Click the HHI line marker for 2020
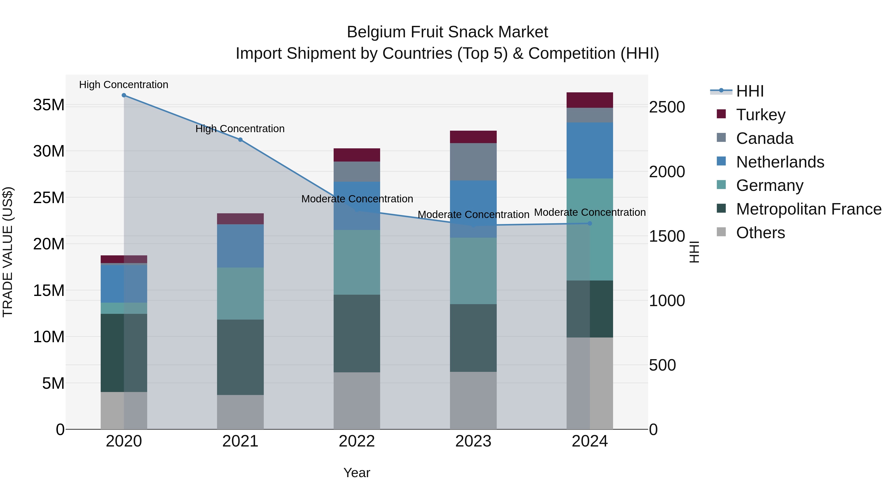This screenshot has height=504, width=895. pos(124,95)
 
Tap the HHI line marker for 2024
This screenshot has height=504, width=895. pos(590,223)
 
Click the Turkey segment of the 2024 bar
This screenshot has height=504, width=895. pos(590,100)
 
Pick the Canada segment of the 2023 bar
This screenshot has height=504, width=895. pos(473,162)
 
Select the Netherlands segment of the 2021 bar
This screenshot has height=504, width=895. pos(240,246)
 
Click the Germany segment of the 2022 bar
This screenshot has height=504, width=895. pos(357,262)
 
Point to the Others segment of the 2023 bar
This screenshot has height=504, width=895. pos(473,400)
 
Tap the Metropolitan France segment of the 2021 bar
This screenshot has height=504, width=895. pos(240,357)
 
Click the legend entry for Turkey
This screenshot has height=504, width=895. pos(761,115)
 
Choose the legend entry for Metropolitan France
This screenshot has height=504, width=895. pos(808,209)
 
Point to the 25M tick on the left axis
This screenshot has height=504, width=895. pos(49,198)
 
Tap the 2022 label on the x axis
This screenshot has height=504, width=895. pos(357,441)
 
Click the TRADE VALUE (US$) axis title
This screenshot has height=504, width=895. pos(8,252)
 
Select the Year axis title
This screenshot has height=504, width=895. pos(357,473)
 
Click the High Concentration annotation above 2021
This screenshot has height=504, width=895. pos(240,129)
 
